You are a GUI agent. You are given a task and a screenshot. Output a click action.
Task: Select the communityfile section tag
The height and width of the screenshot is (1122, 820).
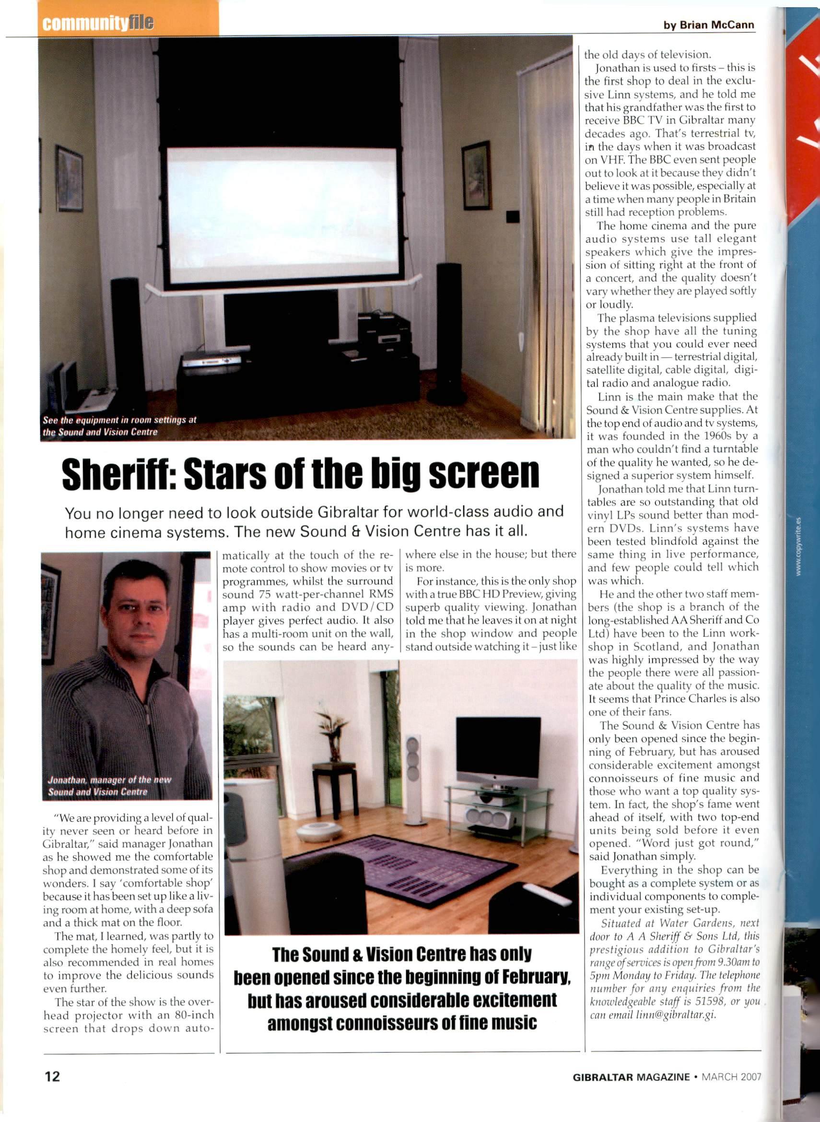click(x=98, y=24)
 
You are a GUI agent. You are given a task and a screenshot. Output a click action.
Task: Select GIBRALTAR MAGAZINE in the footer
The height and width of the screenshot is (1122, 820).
click(x=631, y=1077)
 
